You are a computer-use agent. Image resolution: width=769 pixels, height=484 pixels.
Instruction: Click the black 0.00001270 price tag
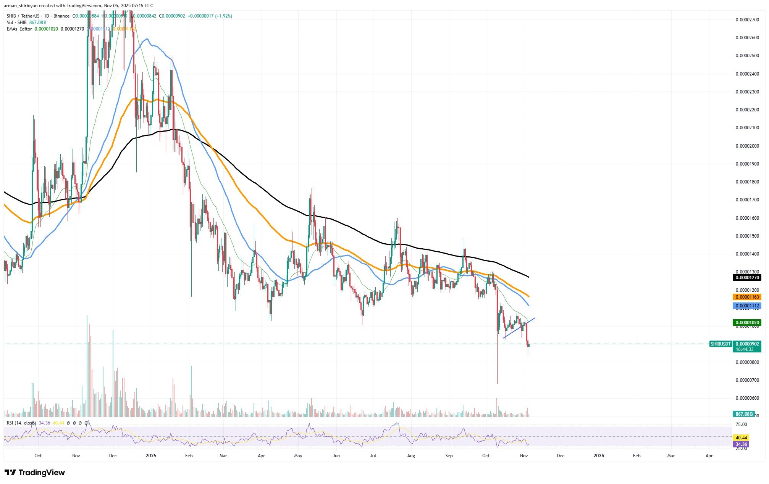tap(746, 278)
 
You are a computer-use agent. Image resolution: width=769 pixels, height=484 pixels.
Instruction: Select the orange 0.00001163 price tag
tap(746, 297)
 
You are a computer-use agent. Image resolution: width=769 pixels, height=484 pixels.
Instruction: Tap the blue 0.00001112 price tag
tap(746, 306)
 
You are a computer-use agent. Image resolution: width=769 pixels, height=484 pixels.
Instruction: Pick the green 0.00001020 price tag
tap(746, 323)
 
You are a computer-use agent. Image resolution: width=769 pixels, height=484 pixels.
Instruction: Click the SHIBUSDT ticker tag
tap(720, 344)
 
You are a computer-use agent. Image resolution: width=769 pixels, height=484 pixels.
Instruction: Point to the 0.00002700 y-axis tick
tap(746, 19)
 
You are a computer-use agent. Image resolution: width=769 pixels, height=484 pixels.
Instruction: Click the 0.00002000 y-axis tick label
tap(746, 146)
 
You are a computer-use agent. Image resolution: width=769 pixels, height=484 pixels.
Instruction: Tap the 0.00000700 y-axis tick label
tap(746, 380)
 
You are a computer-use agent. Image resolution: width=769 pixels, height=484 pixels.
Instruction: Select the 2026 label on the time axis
tap(599, 456)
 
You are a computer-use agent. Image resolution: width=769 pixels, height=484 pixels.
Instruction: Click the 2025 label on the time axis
tap(151, 456)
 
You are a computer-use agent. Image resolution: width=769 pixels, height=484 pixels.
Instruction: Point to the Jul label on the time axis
tap(373, 456)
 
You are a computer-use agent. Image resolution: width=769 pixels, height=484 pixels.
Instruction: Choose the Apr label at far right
tap(709, 456)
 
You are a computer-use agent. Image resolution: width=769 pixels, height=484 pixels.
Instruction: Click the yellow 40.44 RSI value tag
tap(740, 438)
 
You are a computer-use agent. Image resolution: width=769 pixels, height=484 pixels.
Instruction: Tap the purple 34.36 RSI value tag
tap(740, 444)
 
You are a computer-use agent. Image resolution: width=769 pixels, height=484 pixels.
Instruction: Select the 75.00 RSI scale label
tap(741, 425)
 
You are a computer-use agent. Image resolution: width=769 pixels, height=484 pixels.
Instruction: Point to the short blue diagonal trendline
tap(519, 328)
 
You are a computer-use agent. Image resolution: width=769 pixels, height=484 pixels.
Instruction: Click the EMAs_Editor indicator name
tap(19, 29)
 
